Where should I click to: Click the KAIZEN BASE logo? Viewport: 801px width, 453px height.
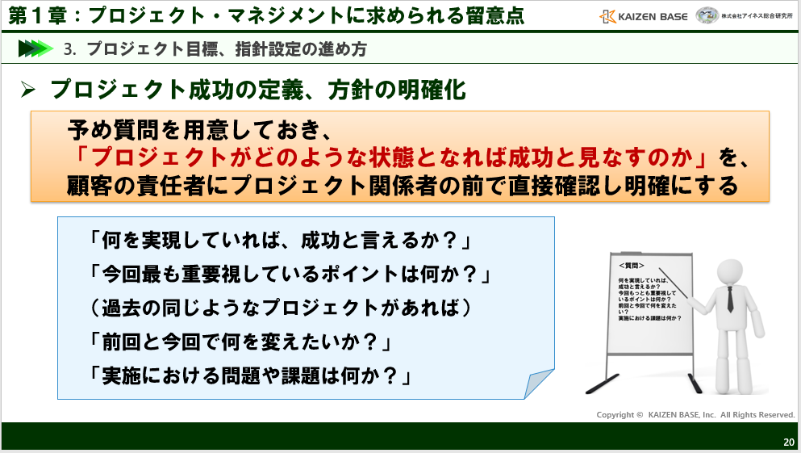tap(645, 15)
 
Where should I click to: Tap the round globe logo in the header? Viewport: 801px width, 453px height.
tap(707, 15)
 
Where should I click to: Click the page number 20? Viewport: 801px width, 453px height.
tap(788, 443)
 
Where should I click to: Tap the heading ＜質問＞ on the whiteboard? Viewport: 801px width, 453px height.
tap(632, 265)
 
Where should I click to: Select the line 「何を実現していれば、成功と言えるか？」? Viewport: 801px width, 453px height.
tap(281, 240)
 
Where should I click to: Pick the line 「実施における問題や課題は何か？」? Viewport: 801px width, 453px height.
tap(252, 375)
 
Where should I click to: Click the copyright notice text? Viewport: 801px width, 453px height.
tap(695, 414)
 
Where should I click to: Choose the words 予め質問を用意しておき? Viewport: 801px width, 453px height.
tap(200, 129)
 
